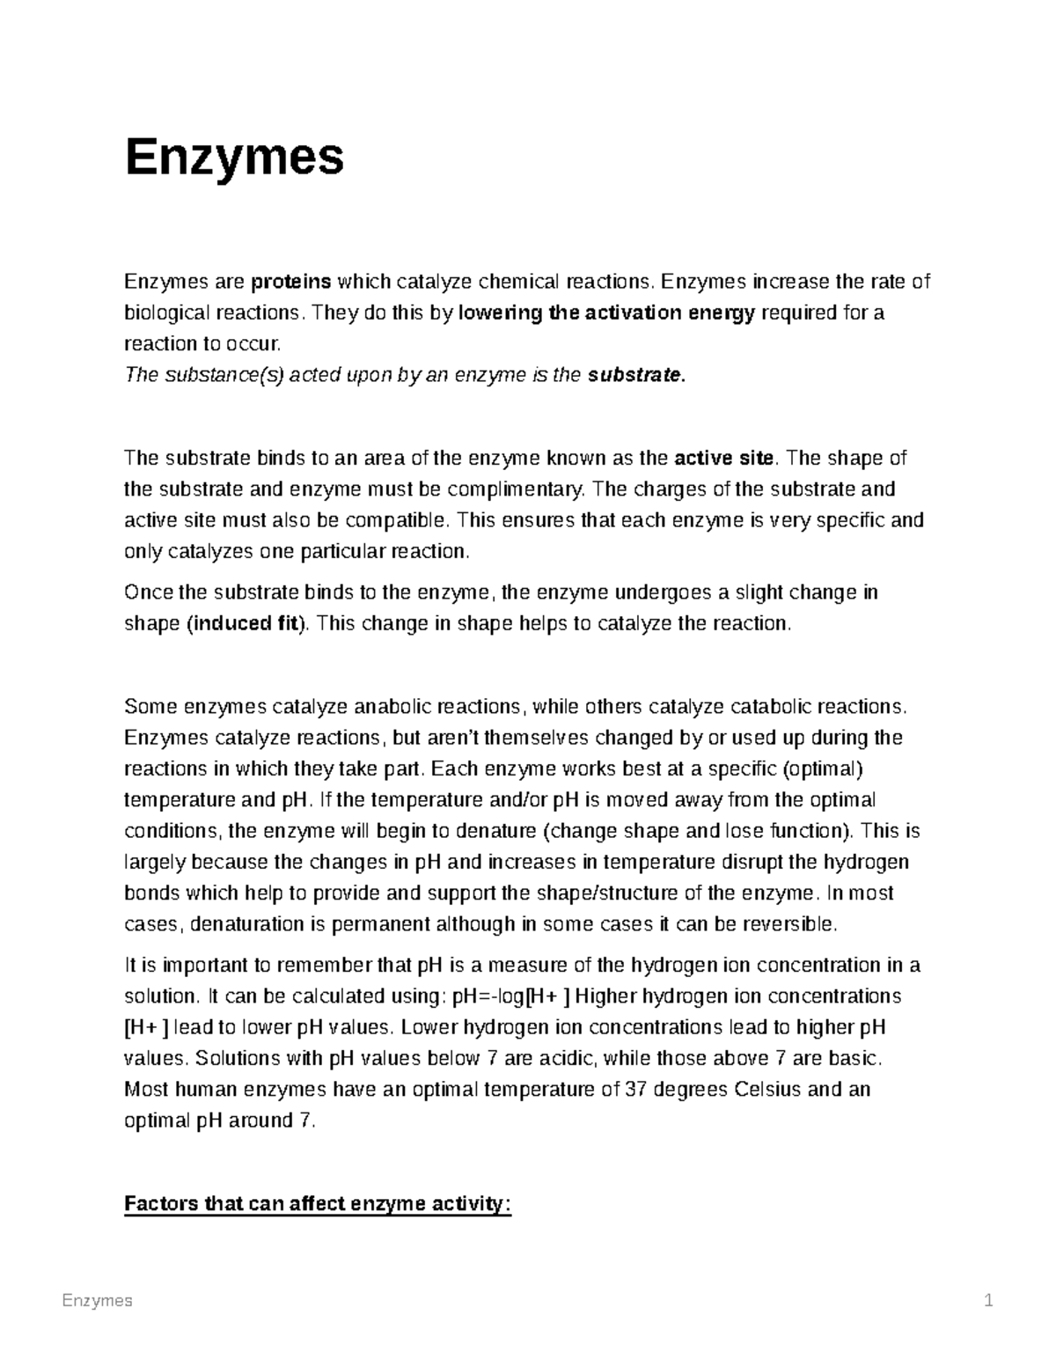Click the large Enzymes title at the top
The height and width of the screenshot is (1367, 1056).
click(x=234, y=158)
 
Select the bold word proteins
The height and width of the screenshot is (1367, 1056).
click(x=291, y=282)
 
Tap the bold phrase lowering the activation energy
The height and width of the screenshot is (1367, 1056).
click(x=607, y=312)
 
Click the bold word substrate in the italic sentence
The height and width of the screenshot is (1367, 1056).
click(x=634, y=375)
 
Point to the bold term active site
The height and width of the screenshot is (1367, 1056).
click(x=723, y=458)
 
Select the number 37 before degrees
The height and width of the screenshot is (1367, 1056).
click(x=634, y=1089)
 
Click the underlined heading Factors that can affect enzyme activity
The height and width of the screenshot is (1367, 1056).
click(x=318, y=1203)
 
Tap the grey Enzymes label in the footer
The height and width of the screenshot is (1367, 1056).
click(x=97, y=1301)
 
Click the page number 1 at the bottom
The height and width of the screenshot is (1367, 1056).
click(x=988, y=1301)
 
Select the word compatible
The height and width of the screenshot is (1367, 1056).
click(x=407, y=519)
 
